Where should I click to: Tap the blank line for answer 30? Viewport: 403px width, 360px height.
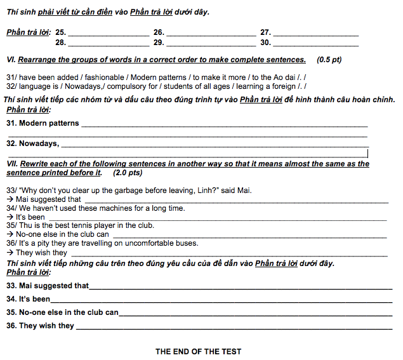[x=315, y=45]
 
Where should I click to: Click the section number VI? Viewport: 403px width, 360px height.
[x=10, y=60]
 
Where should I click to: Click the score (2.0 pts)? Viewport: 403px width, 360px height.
[x=128, y=173]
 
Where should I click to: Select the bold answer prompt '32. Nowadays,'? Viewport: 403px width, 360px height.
[x=32, y=143]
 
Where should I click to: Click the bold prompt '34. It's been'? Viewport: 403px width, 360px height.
[x=29, y=299]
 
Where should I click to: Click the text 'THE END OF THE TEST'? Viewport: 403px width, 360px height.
[x=199, y=352]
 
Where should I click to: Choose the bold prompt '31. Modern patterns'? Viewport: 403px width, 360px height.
[x=43, y=123]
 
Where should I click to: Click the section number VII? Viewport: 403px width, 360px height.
[x=11, y=164]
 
